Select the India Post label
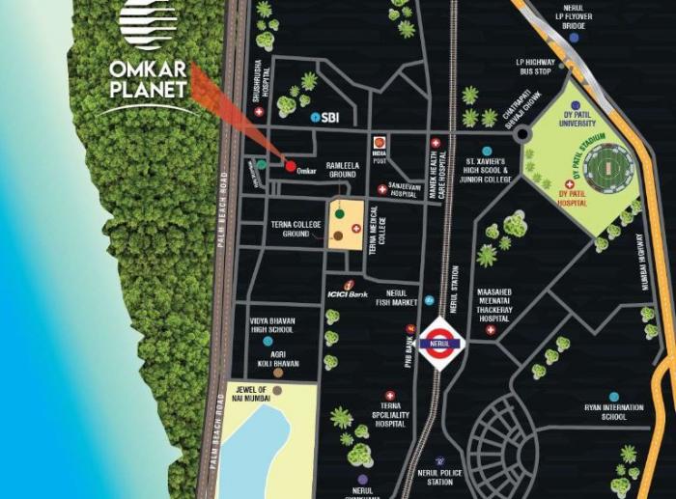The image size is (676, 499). coord(380,156)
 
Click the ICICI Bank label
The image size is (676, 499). coord(345,292)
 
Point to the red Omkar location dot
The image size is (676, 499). coord(290,165)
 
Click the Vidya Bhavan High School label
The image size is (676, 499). coord(271,324)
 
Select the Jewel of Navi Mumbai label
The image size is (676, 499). coord(248,393)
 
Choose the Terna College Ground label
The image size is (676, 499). coord(296,229)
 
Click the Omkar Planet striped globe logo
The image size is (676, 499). coord(148,24)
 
